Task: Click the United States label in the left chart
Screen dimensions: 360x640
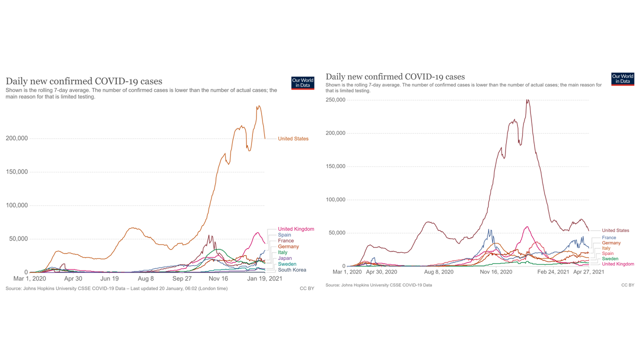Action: pos(293,138)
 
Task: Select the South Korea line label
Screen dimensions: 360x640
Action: pos(292,270)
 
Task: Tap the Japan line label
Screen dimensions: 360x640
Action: pos(285,258)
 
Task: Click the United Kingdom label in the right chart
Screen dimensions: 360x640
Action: pos(618,264)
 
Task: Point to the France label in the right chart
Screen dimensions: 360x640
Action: pos(609,237)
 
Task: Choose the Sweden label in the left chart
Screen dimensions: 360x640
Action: pos(287,264)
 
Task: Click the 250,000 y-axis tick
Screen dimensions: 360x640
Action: pos(335,100)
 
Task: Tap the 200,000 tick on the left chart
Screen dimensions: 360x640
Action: pos(16,138)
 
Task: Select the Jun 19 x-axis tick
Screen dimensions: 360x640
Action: pos(109,278)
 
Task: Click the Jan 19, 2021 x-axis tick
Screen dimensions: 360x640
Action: pos(264,278)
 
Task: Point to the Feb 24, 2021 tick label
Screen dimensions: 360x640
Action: pos(553,272)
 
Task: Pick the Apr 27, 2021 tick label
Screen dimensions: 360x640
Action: pos(588,272)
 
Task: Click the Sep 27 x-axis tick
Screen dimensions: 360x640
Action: pos(182,278)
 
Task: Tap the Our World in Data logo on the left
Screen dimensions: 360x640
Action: pos(302,83)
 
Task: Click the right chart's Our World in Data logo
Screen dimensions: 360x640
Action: pos(622,79)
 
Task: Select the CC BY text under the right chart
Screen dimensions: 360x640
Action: pos(627,285)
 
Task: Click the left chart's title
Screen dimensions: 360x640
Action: pos(84,81)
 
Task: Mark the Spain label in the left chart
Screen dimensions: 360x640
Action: pos(284,235)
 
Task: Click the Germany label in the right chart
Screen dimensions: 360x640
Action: pos(611,243)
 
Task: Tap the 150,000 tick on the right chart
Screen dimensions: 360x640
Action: pos(335,166)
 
